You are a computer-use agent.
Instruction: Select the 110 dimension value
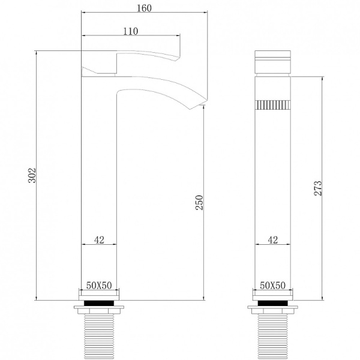[x=131, y=32]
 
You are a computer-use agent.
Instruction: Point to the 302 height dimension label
[x=32, y=175]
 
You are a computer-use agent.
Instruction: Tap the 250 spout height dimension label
[x=200, y=204]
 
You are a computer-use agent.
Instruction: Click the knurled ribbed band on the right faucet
[x=273, y=106]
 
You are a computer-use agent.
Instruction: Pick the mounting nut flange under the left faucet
[x=99, y=311]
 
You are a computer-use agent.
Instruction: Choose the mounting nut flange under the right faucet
[x=272, y=311]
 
